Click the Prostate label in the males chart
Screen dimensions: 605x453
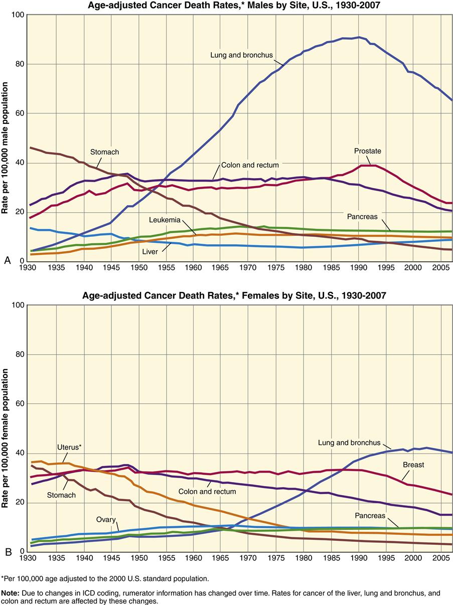point(368,151)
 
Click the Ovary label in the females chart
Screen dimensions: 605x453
point(106,519)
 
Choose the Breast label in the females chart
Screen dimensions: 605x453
point(413,465)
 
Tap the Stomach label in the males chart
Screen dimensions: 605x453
point(105,152)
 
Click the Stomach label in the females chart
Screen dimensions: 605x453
point(62,495)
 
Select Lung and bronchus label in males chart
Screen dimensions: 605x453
point(241,54)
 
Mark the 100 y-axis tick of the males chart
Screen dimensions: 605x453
point(18,15)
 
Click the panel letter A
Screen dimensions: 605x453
point(7,260)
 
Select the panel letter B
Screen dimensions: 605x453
point(7,551)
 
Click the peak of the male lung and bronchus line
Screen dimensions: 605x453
point(358,37)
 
